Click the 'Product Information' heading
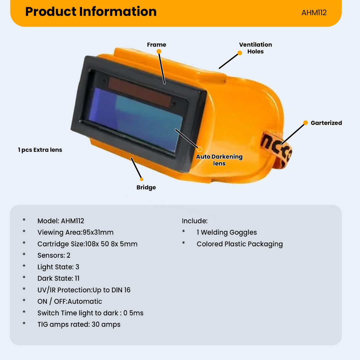tap(91, 12)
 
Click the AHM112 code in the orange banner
tap(314, 13)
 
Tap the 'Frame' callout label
tap(157, 45)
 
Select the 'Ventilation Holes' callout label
tap(255, 48)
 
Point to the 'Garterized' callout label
tap(326, 123)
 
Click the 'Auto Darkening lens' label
tap(219, 160)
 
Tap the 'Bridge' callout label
tap(146, 187)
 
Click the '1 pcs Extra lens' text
tap(40, 150)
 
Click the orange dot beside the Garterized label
tap(305, 123)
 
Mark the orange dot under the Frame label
tap(159, 51)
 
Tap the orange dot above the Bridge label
tap(142, 179)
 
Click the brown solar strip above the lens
tap(140, 92)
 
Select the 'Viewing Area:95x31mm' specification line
tap(76, 232)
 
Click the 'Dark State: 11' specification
tap(59, 278)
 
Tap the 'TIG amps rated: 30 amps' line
tap(79, 324)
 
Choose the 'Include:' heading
tap(195, 221)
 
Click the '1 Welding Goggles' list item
tap(227, 232)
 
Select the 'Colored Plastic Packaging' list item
tap(240, 244)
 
